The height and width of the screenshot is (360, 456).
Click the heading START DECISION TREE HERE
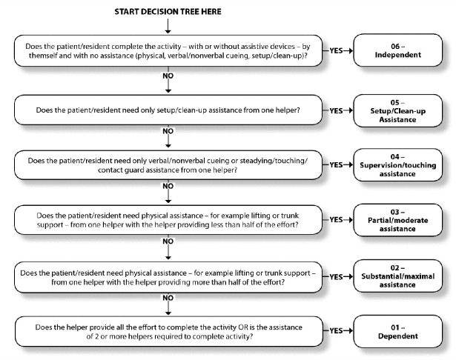(x=168, y=12)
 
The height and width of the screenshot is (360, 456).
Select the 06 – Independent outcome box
(x=398, y=50)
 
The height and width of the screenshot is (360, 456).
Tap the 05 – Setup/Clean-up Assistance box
(x=398, y=110)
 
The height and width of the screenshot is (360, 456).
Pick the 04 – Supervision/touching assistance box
(x=398, y=165)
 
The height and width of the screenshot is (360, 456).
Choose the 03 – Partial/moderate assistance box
(x=398, y=220)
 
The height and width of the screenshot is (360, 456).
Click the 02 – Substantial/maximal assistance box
(x=398, y=276)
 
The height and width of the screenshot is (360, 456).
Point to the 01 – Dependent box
(x=398, y=332)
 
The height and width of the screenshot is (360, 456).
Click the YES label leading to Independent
(x=336, y=50)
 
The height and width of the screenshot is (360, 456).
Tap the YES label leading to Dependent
(x=336, y=330)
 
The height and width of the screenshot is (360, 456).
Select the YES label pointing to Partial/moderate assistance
(x=336, y=220)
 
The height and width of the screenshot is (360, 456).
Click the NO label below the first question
(x=168, y=76)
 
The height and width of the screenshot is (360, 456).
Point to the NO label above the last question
(x=168, y=298)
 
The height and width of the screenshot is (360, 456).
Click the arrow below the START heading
(x=168, y=26)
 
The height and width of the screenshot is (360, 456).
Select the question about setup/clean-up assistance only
(x=168, y=110)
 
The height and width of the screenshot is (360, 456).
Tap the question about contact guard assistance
(x=168, y=165)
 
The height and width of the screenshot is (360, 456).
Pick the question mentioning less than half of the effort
(x=168, y=220)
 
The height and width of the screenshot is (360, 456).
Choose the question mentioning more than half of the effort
(x=168, y=277)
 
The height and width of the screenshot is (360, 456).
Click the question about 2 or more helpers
(x=168, y=332)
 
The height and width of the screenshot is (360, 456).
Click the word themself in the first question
(x=43, y=56)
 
